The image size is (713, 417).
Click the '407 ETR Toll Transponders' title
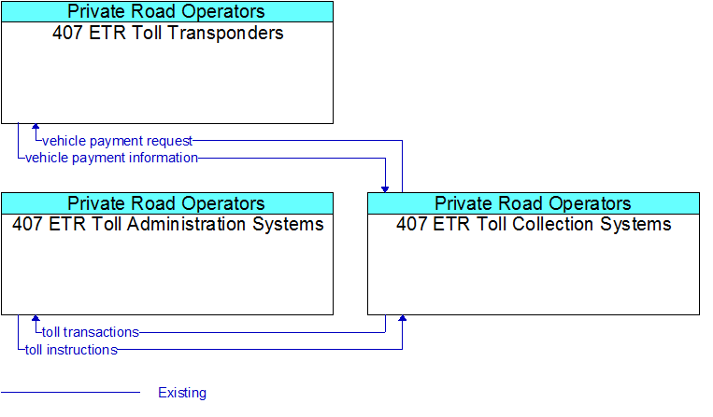click(x=168, y=34)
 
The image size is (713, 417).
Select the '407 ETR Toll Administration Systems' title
click(x=168, y=224)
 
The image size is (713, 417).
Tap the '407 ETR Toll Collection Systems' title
click(x=534, y=224)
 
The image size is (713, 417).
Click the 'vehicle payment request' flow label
click(x=117, y=141)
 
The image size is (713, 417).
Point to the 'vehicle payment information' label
click(x=111, y=158)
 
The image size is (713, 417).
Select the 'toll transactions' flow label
click(x=90, y=332)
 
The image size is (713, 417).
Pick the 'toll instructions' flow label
click(x=71, y=350)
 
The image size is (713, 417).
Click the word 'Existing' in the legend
click(x=182, y=393)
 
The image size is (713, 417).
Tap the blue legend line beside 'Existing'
click(x=70, y=392)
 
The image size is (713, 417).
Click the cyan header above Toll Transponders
click(x=167, y=12)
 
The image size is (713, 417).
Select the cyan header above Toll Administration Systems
click(x=167, y=203)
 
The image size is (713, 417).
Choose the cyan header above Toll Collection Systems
click(x=534, y=203)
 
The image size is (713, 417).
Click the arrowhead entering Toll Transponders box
click(x=36, y=127)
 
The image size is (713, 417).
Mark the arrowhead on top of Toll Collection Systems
click(x=385, y=189)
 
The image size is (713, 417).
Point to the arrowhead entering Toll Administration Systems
click(x=36, y=318)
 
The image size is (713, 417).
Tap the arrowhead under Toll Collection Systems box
click(x=403, y=318)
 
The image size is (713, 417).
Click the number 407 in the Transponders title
click(x=68, y=34)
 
